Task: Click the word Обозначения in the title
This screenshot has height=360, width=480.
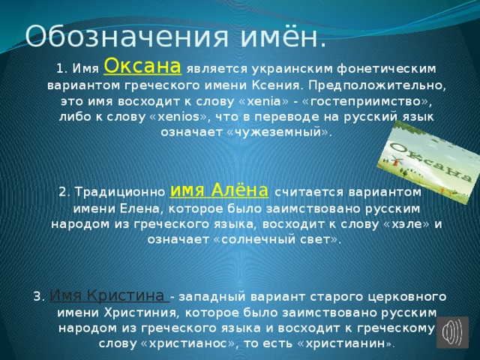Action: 127,37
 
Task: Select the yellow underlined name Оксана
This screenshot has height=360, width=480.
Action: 142,66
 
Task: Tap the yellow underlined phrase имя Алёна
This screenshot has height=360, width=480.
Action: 219,190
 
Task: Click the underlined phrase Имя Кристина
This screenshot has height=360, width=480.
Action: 109,295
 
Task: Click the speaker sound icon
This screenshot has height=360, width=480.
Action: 452,332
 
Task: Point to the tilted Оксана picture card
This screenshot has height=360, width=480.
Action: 428,162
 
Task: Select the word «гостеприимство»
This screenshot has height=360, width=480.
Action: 367,102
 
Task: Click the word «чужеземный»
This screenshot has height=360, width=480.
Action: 278,132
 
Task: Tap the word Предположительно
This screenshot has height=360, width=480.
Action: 377,85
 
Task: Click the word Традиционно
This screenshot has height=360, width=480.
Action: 120,192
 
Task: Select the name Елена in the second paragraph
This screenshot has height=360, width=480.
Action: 139,208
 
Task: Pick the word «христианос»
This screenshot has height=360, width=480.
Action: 187,343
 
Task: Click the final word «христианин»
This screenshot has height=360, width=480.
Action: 345,343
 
